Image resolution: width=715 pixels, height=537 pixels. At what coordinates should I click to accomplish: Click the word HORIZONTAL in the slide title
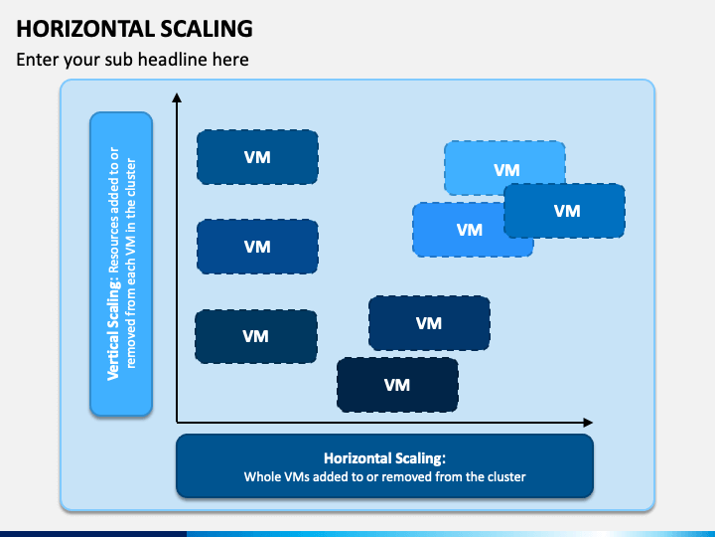point(85,28)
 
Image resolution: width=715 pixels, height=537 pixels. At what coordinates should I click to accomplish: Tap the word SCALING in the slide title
point(207,28)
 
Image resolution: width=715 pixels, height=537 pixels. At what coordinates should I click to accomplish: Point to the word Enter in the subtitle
point(38,60)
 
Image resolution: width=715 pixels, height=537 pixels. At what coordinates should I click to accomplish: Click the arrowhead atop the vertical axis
point(177,97)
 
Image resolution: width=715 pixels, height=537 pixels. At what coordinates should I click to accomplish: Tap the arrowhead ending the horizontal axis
point(588,423)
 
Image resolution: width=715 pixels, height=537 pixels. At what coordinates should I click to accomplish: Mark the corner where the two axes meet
point(177,423)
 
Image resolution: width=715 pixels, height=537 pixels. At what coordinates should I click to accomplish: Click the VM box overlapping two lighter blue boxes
point(564,211)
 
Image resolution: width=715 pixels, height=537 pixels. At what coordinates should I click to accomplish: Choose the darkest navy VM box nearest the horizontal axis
point(397,385)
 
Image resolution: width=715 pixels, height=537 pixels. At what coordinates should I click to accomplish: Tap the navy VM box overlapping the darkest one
point(429,322)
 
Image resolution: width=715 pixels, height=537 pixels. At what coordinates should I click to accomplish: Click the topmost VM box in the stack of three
point(257,157)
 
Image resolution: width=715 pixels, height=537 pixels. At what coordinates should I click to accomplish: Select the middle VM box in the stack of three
point(257,247)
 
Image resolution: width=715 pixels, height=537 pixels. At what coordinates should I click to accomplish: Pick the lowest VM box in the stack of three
point(256,336)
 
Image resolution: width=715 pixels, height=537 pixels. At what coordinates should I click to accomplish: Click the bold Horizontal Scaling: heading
point(385,458)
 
